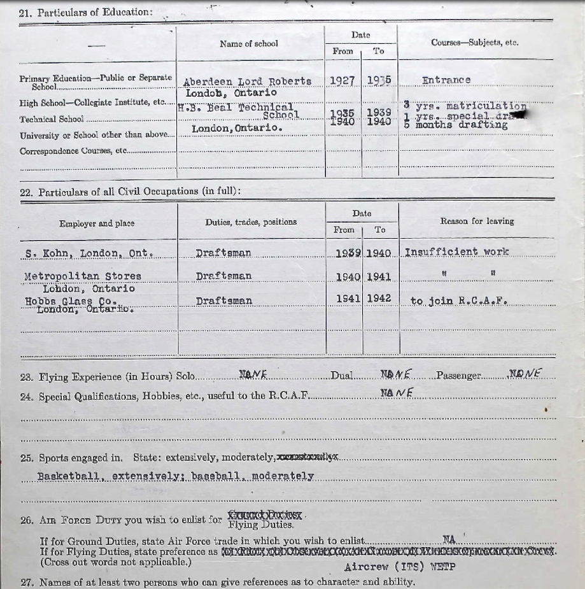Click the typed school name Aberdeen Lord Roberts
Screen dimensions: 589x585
coord(247,82)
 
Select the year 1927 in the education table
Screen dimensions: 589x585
coord(342,81)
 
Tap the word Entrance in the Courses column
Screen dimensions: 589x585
coord(446,80)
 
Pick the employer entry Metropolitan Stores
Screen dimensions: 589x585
coord(83,276)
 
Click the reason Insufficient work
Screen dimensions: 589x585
coord(456,252)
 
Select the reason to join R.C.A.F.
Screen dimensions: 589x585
coord(459,301)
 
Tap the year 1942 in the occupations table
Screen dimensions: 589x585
coord(379,299)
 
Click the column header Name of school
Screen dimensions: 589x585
coord(249,44)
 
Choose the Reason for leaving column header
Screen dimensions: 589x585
coord(477,222)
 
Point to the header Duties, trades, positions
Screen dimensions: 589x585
coord(251,222)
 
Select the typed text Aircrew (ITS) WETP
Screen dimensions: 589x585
coord(400,567)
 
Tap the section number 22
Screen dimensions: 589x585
coord(26,192)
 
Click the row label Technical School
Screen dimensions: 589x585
coord(52,119)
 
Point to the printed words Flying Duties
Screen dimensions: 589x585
coord(260,525)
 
